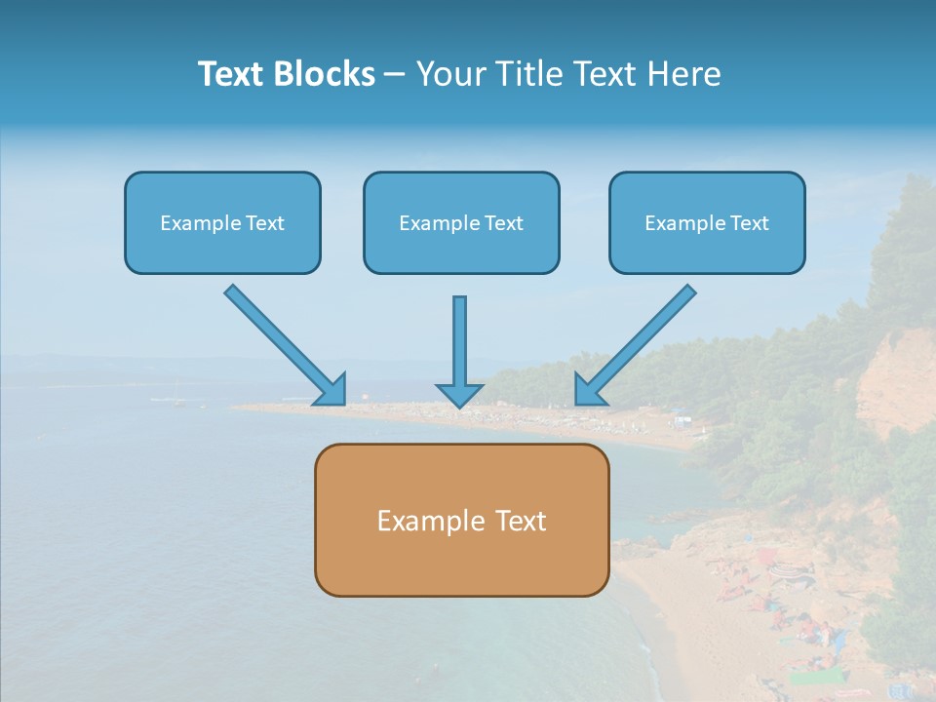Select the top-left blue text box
click(x=222, y=222)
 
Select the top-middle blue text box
click(x=461, y=222)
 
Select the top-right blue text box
click(x=707, y=222)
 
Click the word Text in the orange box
click(x=522, y=521)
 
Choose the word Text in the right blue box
click(x=750, y=223)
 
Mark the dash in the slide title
click(x=395, y=74)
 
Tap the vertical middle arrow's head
click(x=459, y=395)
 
